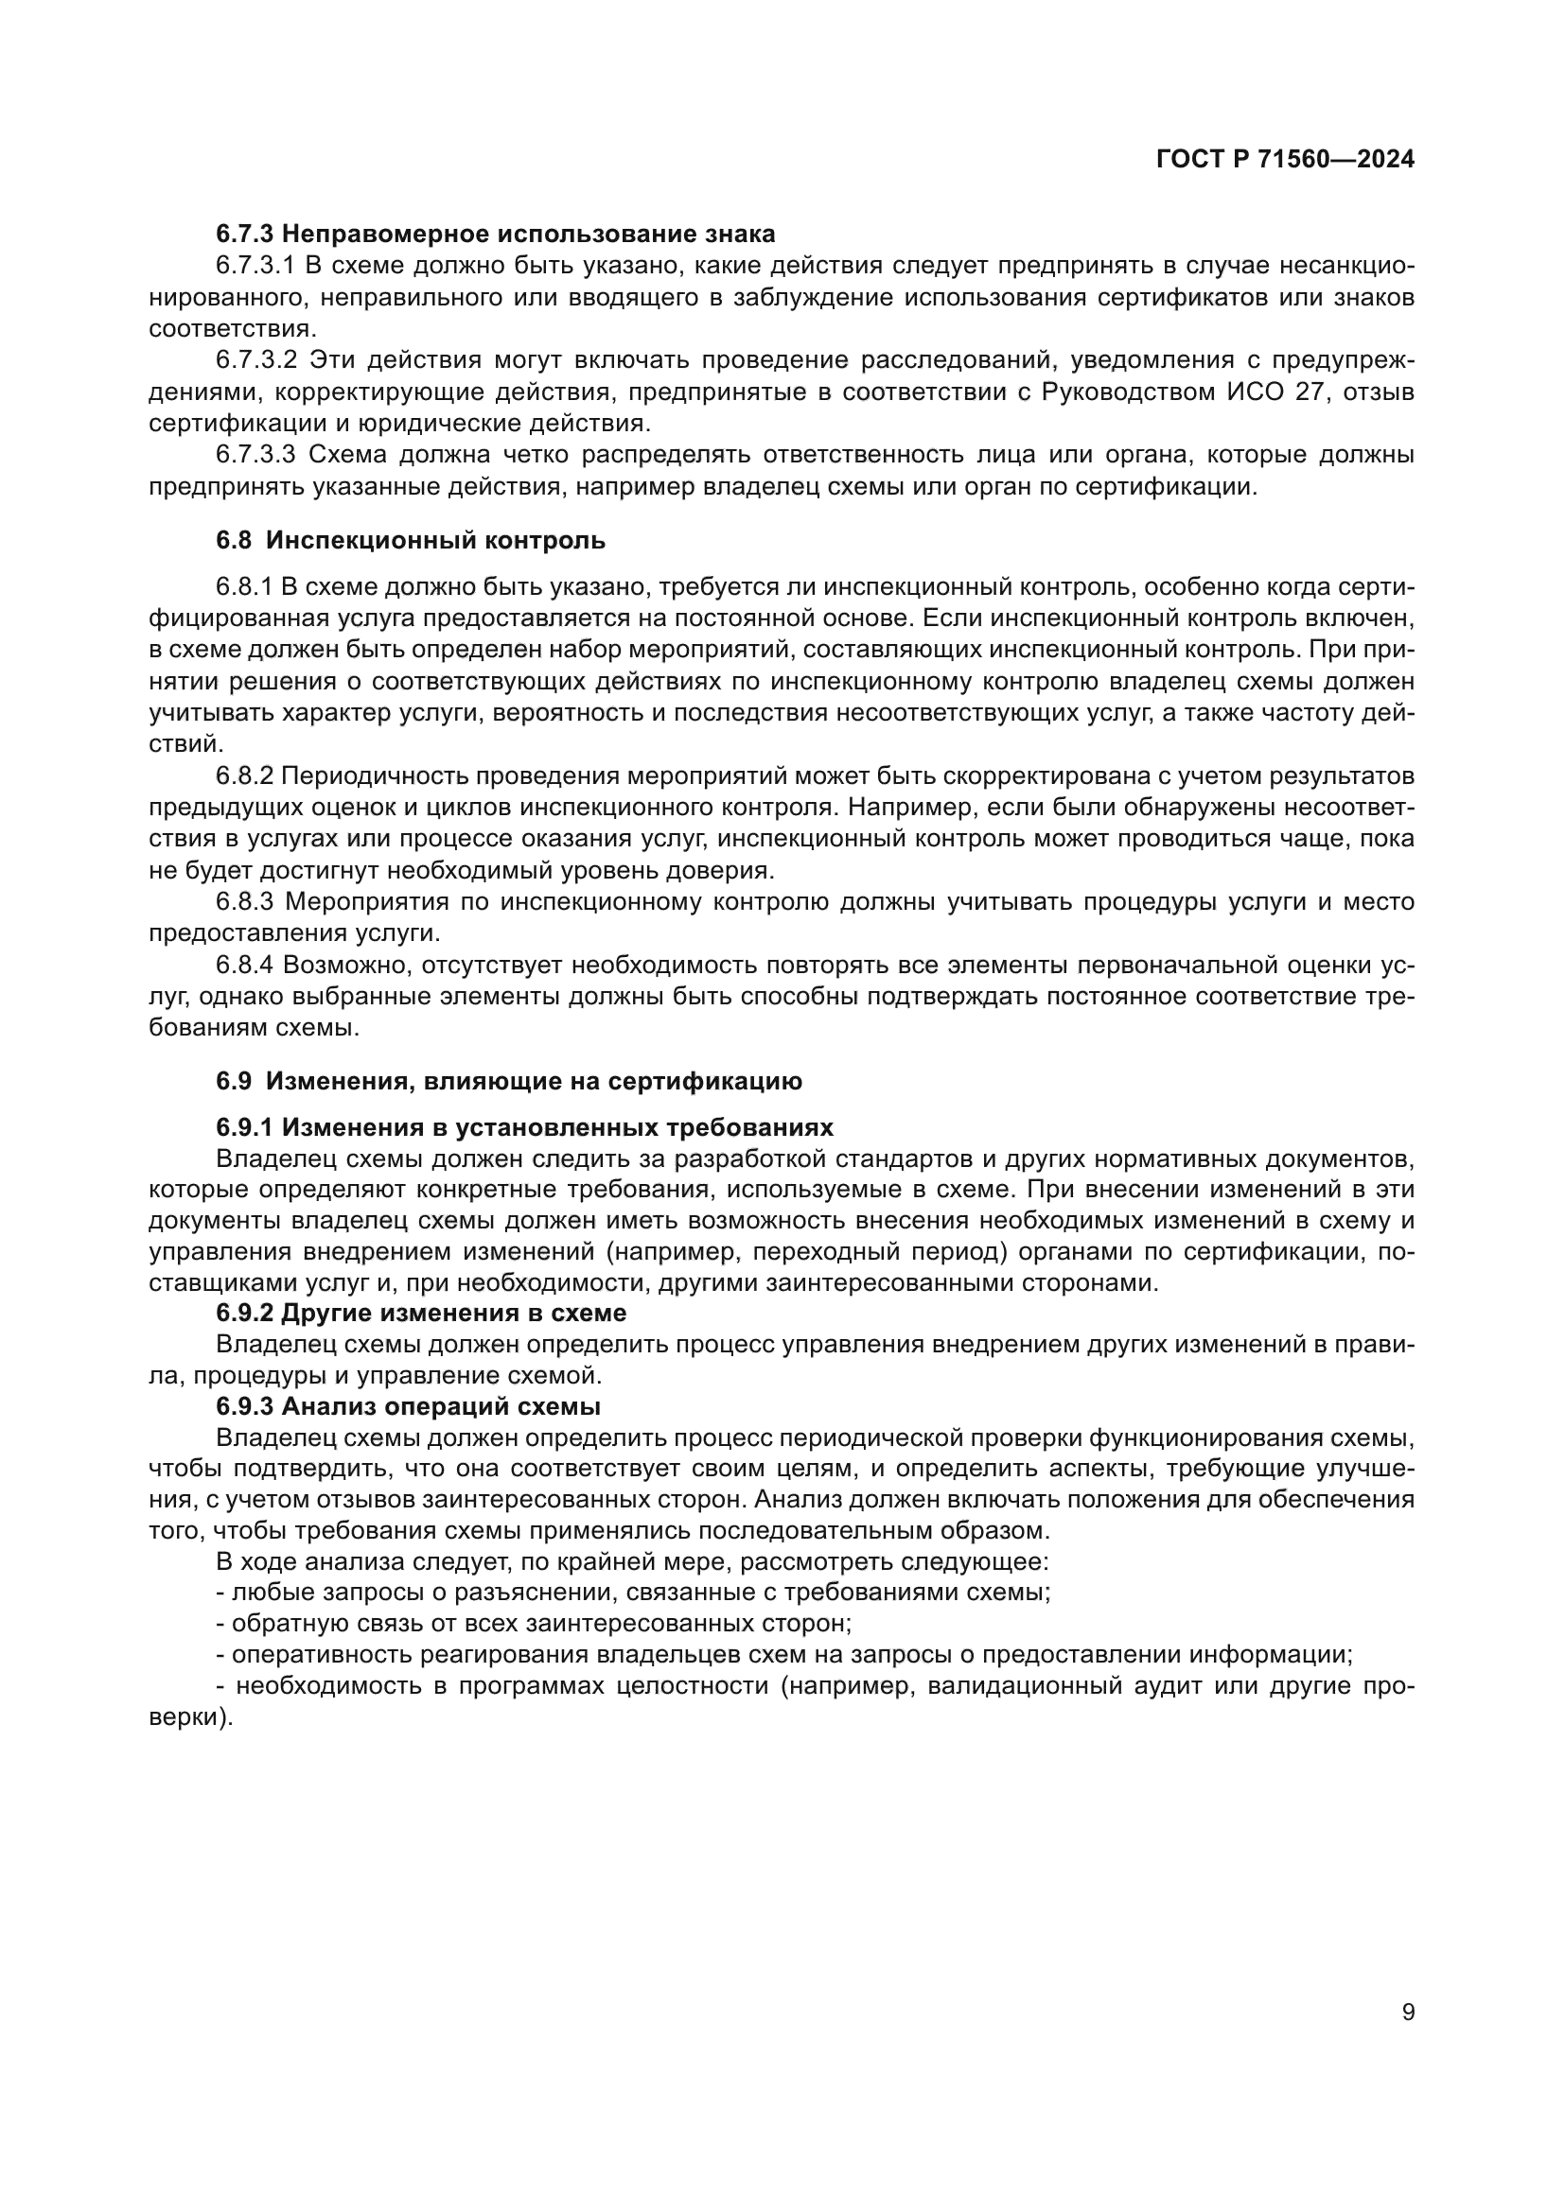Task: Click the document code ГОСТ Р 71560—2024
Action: pos(1285,160)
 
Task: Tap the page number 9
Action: pos(1408,2012)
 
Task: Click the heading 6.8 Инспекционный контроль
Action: pos(411,541)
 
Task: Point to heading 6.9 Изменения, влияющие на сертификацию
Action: pos(509,1081)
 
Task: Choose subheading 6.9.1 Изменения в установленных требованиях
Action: pos(524,1127)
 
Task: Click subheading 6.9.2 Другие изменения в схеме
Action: pos(421,1314)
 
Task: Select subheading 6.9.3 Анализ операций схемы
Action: pos(409,1406)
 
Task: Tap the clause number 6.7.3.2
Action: pos(256,360)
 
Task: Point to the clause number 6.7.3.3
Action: pos(256,455)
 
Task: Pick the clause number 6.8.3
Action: pos(245,903)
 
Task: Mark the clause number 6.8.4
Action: pos(245,966)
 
